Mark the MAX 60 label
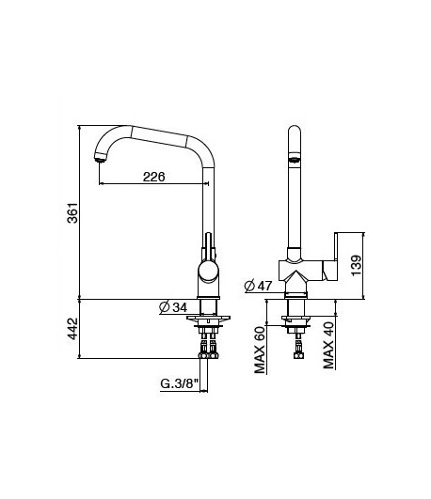point(260,349)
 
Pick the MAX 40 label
point(329,346)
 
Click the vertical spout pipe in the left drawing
point(206,197)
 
